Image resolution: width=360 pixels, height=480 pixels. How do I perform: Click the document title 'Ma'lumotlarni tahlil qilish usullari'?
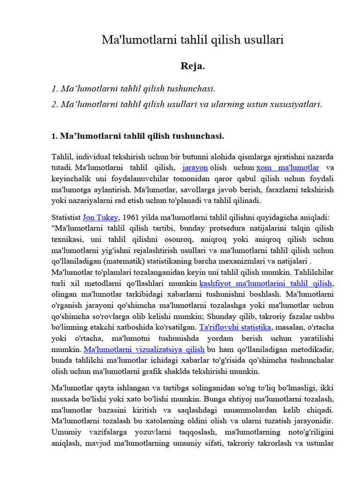pos(193,40)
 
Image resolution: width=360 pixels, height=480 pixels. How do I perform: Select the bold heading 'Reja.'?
pos(193,66)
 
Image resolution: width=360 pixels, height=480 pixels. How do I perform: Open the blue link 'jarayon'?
pos(195,167)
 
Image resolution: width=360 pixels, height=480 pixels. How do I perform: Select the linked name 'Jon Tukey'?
pos(100,217)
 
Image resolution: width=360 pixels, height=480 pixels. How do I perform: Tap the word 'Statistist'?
pos(66,217)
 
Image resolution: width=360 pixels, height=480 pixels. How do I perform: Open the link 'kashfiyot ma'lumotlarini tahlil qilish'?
pos(266,284)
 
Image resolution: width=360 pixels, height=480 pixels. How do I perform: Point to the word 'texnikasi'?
pos(66,239)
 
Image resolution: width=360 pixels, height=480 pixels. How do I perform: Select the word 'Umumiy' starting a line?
pos(66,432)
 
